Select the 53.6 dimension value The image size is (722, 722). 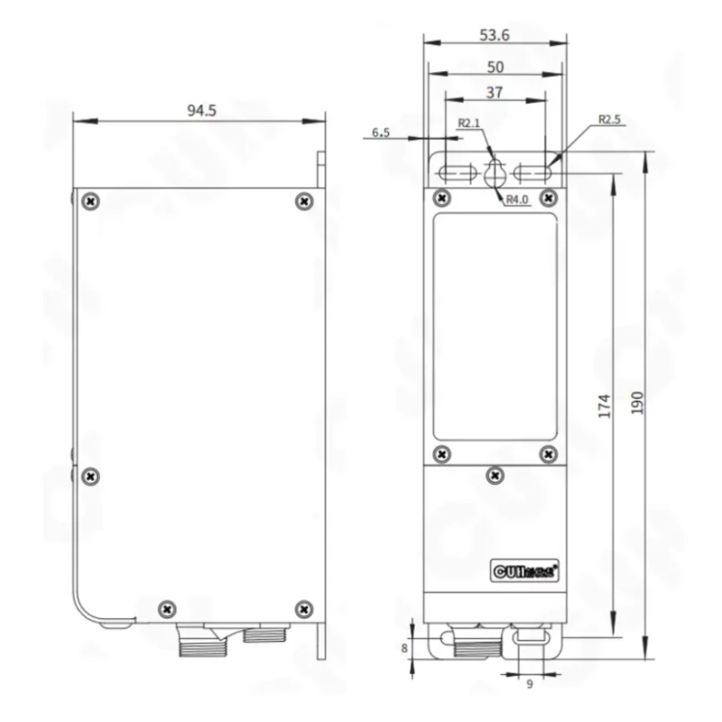point(495,35)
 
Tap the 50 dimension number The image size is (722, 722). point(495,67)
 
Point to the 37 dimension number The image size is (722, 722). point(495,93)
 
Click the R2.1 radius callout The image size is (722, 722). point(468,123)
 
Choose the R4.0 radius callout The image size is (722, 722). point(516,199)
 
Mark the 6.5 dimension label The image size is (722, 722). point(381,133)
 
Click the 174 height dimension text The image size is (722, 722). point(605,405)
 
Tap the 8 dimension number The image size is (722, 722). point(404,647)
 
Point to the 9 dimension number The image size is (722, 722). point(530,684)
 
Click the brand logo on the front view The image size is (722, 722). point(528,569)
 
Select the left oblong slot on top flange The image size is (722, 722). point(457,172)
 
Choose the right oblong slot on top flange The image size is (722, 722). point(533,172)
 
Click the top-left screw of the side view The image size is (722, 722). point(90,200)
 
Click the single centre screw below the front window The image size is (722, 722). point(494,473)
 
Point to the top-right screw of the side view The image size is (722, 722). point(303,200)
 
